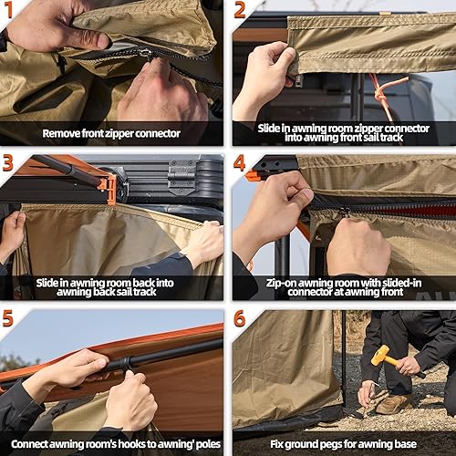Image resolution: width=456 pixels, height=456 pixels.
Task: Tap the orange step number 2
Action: pyautogui.click(x=240, y=10)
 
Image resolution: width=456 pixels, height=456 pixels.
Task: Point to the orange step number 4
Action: pyautogui.click(x=240, y=164)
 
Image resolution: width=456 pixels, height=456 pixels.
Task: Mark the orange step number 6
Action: pyautogui.click(x=240, y=318)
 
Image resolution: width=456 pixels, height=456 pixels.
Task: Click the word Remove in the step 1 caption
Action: pyautogui.click(x=64, y=133)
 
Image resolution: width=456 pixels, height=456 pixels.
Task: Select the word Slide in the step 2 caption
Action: pyautogui.click(x=273, y=127)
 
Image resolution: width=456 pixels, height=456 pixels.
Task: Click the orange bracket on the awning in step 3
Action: pyautogui.click(x=109, y=187)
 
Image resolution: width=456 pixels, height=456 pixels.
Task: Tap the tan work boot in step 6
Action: pyautogui.click(x=395, y=403)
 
